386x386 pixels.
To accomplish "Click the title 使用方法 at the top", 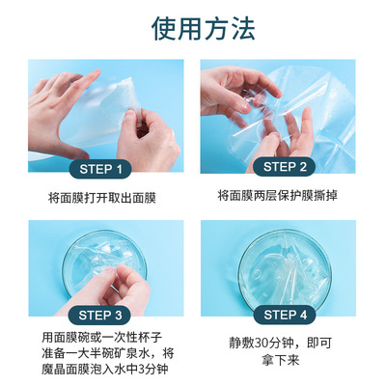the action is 204,28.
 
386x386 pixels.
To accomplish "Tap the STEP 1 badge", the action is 100,169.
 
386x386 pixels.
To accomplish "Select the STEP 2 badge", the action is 285,167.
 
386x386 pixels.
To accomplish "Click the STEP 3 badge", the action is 100,316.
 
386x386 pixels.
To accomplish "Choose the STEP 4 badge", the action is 285,315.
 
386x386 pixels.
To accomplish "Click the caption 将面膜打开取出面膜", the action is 102,198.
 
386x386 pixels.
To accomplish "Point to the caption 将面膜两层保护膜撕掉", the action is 277,195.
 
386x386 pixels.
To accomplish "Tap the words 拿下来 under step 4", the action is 280,360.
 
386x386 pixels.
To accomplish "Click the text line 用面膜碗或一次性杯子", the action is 101,338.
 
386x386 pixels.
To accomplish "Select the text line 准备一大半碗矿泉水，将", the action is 108,353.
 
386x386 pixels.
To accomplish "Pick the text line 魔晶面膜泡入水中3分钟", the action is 105,369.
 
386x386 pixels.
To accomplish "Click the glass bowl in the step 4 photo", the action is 285,268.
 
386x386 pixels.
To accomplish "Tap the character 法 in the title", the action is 243,28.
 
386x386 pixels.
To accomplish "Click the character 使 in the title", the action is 164,28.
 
